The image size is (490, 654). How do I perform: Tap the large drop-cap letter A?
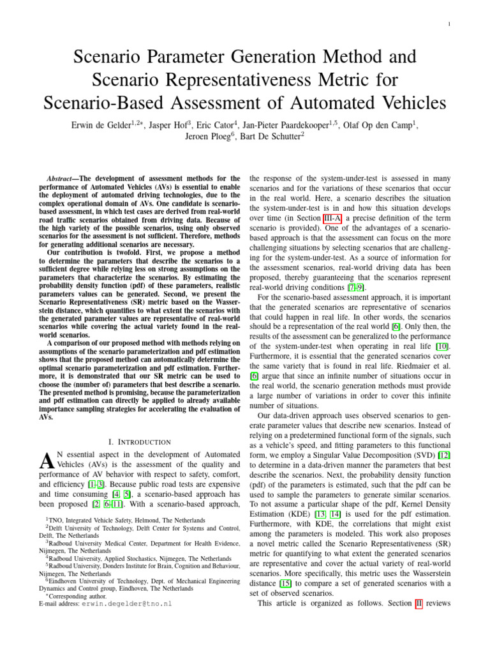coord(47,459)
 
